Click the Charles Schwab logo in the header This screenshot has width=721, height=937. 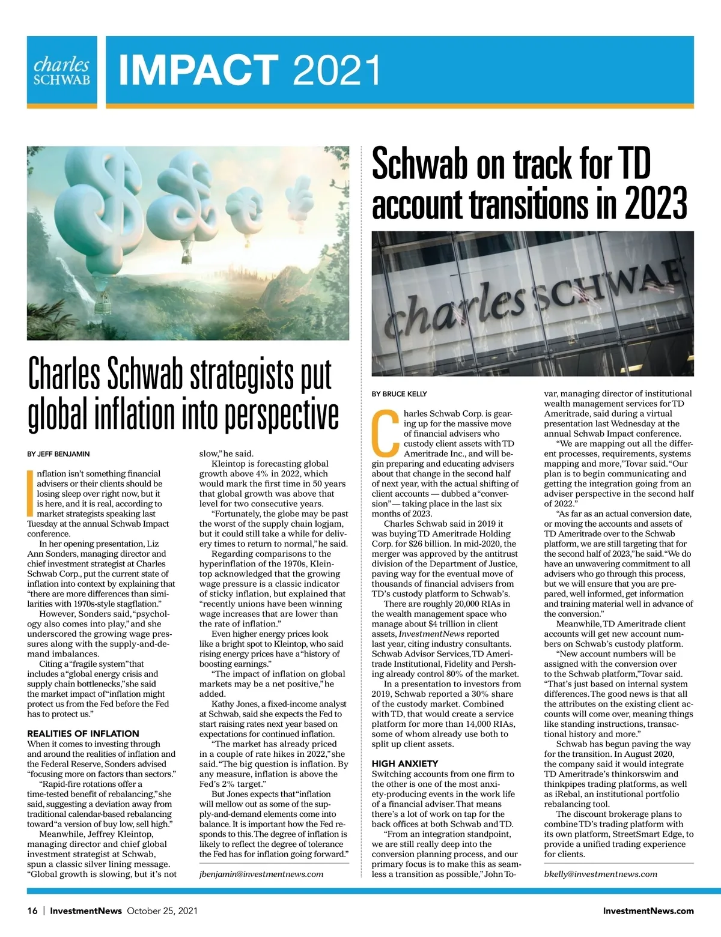point(62,71)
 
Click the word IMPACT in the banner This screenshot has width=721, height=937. point(198,70)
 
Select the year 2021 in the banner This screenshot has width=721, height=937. point(337,70)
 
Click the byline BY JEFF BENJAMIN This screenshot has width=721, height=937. point(58,454)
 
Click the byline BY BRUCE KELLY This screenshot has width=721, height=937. point(399,394)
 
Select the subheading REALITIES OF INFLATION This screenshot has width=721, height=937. point(83,733)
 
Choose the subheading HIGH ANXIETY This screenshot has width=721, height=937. point(404,763)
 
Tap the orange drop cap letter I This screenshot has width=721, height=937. point(30,493)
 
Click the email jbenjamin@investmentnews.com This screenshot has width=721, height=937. point(261,874)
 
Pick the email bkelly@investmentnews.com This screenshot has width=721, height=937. point(601,874)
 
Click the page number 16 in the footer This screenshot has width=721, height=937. point(32,911)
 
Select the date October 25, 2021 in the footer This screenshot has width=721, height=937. point(162,911)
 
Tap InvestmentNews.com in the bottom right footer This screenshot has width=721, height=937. point(648,911)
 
